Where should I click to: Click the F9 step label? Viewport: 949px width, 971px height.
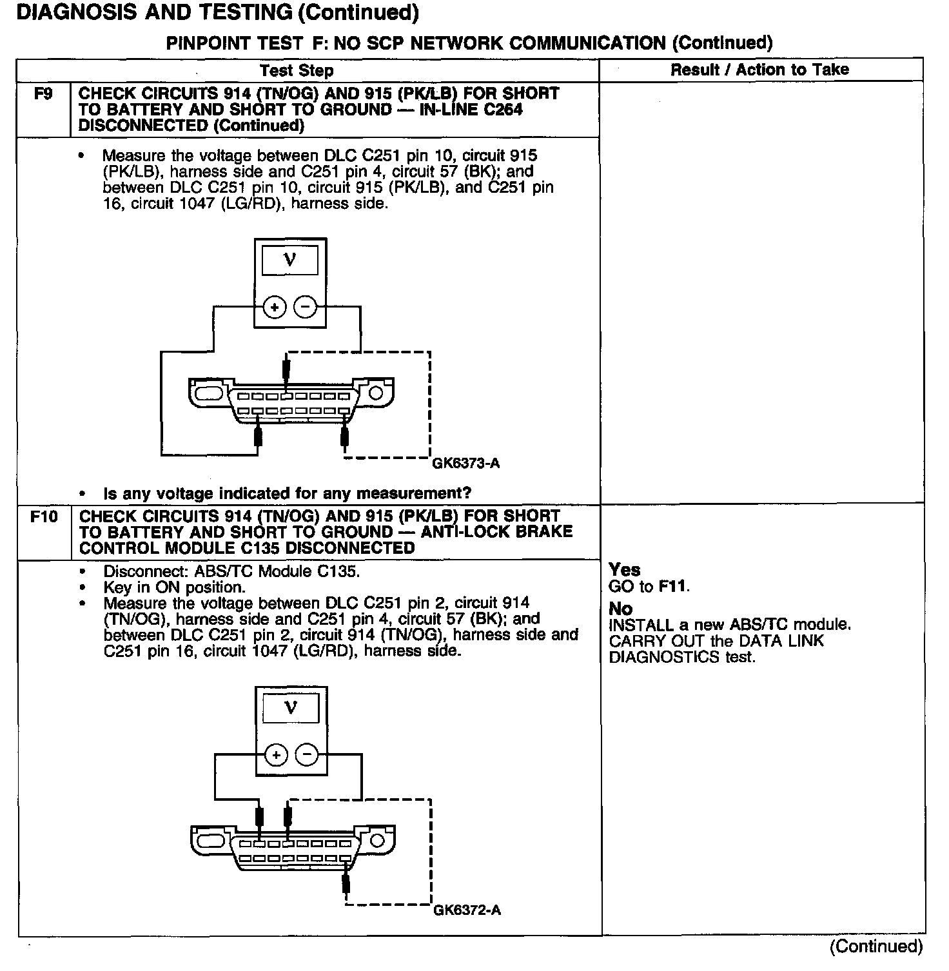click(43, 94)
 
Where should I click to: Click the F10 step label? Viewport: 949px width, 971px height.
click(43, 517)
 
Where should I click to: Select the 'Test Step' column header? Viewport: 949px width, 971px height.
click(297, 71)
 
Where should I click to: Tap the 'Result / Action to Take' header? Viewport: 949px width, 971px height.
click(759, 70)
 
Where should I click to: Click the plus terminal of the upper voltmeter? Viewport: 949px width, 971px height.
click(275, 308)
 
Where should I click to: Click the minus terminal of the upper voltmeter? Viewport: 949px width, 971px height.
click(306, 308)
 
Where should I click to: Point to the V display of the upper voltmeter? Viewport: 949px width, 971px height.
click(290, 260)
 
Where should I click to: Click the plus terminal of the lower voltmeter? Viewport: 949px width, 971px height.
click(276, 754)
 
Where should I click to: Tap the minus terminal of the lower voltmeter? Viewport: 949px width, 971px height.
click(307, 754)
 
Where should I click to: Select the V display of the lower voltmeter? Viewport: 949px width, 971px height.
click(291, 708)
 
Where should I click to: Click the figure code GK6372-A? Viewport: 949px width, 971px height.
click(467, 910)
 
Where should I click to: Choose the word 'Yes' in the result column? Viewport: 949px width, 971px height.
click(624, 570)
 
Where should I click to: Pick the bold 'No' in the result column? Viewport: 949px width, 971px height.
click(620, 609)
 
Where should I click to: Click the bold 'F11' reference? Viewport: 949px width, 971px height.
click(672, 586)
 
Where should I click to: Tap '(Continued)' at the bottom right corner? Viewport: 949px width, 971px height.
click(876, 946)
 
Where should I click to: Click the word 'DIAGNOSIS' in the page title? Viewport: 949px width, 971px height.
click(71, 13)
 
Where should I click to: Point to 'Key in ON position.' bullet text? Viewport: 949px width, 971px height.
click(174, 587)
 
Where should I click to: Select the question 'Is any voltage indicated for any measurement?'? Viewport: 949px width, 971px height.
click(287, 494)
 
